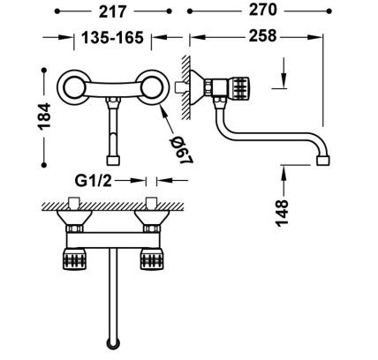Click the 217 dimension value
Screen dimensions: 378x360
pos(112,11)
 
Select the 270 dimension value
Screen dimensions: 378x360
pos(263,10)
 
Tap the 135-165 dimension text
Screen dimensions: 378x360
pos(112,37)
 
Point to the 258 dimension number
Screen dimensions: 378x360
pos(263,36)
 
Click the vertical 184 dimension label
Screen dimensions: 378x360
pos(44,116)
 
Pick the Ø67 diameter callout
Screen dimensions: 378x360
pos(181,151)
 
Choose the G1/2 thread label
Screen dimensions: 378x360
pos(94,181)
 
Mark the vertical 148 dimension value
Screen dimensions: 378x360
pos(282,213)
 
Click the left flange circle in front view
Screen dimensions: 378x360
pos(73,87)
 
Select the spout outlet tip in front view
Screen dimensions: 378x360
pos(113,161)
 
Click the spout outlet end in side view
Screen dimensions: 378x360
pos(323,161)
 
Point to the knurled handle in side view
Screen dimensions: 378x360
pos(239,87)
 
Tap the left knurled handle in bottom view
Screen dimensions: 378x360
pos(74,259)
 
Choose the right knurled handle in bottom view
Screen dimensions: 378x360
pos(151,259)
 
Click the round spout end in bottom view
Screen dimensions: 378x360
pos(113,343)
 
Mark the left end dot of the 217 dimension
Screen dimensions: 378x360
pos(57,11)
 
